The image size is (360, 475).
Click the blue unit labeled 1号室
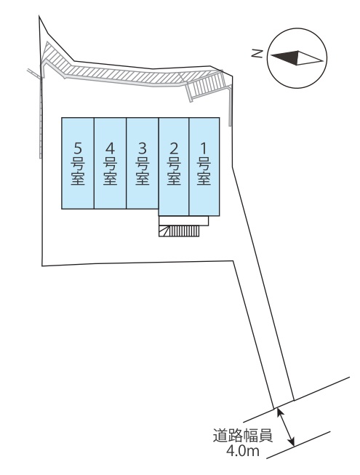[204, 167]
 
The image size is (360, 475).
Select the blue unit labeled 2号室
[174, 167]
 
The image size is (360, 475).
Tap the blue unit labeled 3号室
[143, 163]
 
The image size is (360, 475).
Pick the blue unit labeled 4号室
[111, 163]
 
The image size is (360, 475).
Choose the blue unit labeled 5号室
[78, 163]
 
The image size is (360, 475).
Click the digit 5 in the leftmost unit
[78, 148]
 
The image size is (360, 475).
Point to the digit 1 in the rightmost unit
[204, 148]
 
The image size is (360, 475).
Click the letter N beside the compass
[257, 54]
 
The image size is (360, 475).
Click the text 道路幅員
[242, 436]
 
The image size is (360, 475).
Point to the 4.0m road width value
[243, 452]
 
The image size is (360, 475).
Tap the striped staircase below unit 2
[179, 231]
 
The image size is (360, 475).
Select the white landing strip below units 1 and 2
[184, 220]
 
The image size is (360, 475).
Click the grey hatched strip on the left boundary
[41, 118]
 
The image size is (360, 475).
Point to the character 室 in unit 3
[143, 178]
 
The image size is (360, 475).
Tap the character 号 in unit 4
[111, 164]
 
